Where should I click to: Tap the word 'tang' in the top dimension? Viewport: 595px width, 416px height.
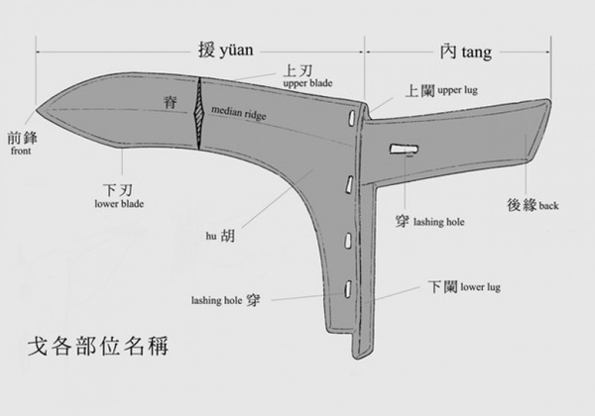pos(475,52)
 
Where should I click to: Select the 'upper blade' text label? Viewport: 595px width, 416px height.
pos(307,83)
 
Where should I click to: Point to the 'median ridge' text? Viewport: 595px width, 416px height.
pos(239,113)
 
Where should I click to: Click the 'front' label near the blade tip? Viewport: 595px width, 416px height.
pos(21,151)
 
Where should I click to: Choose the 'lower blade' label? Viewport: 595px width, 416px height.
pos(119,204)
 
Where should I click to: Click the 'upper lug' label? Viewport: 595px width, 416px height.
pos(457,90)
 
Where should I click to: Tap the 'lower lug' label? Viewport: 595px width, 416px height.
pos(480,287)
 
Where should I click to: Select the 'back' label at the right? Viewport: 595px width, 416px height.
pos(548,206)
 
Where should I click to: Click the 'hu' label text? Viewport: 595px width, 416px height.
pos(211,237)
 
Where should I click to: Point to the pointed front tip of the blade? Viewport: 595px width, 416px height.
pos(37,110)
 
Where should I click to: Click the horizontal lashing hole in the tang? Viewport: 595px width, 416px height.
pos(405,149)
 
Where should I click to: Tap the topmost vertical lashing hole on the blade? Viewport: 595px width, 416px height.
pos(351,118)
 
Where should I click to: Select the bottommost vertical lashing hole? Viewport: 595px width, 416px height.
pos(348,289)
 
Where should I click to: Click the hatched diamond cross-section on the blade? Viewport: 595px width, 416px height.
pos(199,113)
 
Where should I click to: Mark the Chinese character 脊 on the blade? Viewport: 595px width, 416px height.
pos(170,102)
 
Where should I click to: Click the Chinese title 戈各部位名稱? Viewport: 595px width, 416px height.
pos(98,346)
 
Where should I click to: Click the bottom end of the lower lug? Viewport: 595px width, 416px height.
pos(360,357)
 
